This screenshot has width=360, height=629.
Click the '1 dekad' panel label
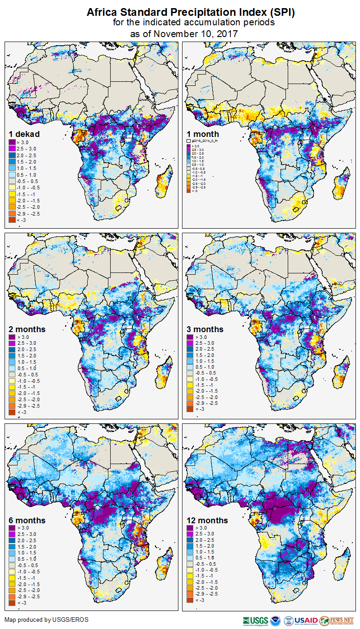(24, 134)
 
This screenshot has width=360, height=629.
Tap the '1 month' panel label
(203, 134)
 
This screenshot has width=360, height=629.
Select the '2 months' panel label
(27, 329)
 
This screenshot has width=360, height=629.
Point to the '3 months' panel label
(205, 329)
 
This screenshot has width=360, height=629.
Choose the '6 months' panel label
(27, 521)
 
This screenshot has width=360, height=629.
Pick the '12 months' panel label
(207, 521)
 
